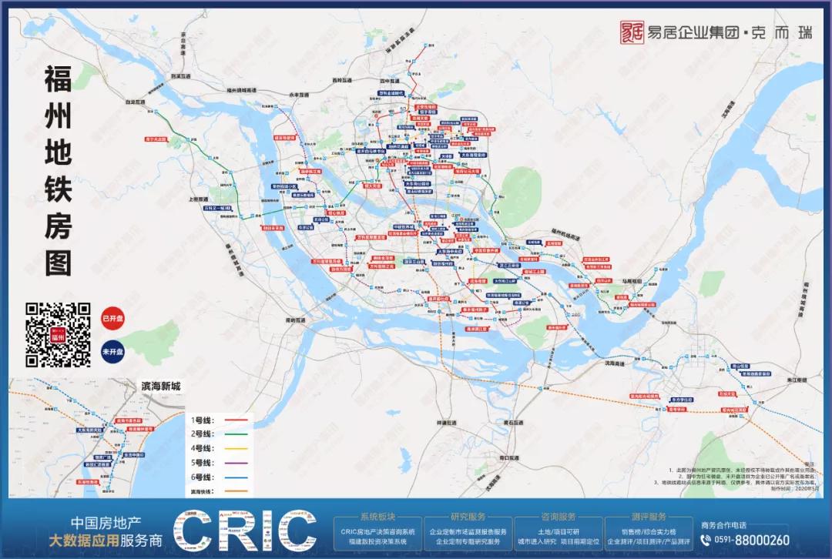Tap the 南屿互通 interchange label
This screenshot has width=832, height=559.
(x=295, y=320)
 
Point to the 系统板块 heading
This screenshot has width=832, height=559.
(x=378, y=517)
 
